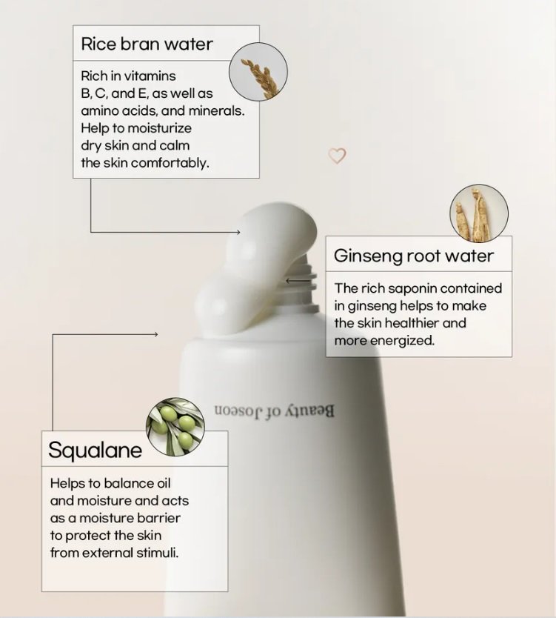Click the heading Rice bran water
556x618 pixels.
click(147, 44)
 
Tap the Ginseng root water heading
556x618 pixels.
click(413, 256)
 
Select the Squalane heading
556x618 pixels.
click(95, 450)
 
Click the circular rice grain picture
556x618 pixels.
click(258, 72)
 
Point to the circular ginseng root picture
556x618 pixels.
click(479, 213)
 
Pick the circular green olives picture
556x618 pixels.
click(175, 427)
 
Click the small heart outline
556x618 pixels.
click(337, 156)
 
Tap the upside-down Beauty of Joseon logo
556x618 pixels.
click(274, 411)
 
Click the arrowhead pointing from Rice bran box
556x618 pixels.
click(238, 232)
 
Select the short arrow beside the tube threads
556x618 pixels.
click(298, 281)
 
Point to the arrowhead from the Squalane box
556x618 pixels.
click(156, 334)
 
